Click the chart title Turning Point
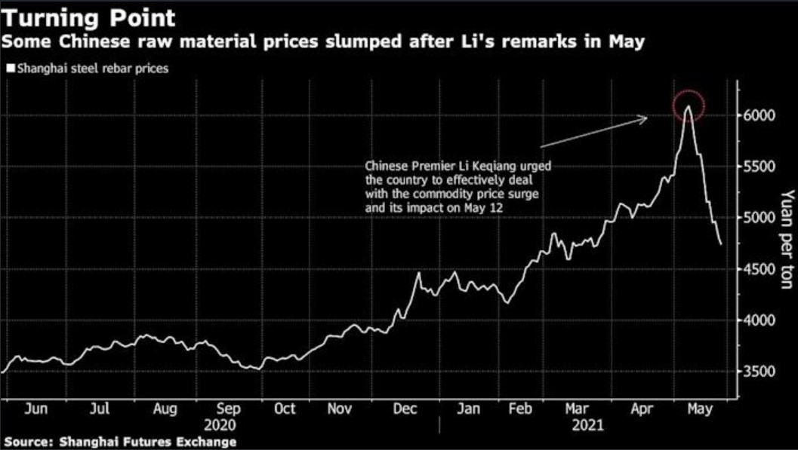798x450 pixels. point(88,17)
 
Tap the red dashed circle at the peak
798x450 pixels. point(688,105)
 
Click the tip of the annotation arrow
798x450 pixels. point(647,117)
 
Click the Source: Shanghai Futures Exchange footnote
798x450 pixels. point(120,442)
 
